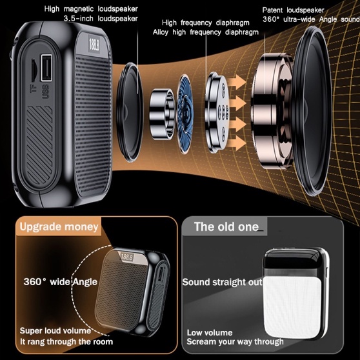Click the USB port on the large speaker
[x=46, y=68]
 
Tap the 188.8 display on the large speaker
[x=94, y=46]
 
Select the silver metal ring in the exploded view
[x=162, y=114]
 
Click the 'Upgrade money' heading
[x=59, y=227]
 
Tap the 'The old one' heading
[x=226, y=227]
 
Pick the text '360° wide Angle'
[x=61, y=282]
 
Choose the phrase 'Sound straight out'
[x=222, y=282]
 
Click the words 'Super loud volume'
[x=55, y=330]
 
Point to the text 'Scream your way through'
[x=235, y=342]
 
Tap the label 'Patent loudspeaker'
[x=293, y=10]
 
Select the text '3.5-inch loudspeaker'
[x=101, y=18]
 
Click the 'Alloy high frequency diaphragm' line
[x=206, y=32]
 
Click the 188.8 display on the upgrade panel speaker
[x=127, y=257]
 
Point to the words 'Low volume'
[x=210, y=333]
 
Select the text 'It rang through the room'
[x=66, y=342]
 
